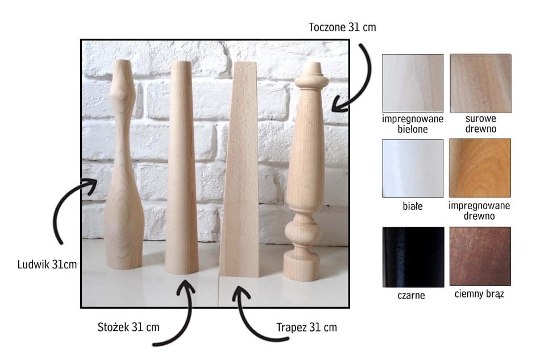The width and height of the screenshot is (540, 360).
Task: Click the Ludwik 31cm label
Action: (47, 264)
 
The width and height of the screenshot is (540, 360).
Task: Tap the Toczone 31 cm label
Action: (342, 27)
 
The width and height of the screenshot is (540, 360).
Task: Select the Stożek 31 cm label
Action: (128, 327)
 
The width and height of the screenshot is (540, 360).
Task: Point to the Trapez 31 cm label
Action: (306, 327)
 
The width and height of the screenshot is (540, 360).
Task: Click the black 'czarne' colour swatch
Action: (413, 257)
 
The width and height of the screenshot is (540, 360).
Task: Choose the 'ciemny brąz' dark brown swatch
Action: (480, 256)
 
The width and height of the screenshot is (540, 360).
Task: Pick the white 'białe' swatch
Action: (413, 168)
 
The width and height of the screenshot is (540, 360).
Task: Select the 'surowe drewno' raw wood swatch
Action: (481, 84)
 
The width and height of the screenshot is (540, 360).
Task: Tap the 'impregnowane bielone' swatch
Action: (413, 83)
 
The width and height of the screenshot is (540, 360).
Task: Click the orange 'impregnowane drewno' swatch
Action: (480, 168)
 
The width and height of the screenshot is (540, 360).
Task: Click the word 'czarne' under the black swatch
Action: (411, 296)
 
